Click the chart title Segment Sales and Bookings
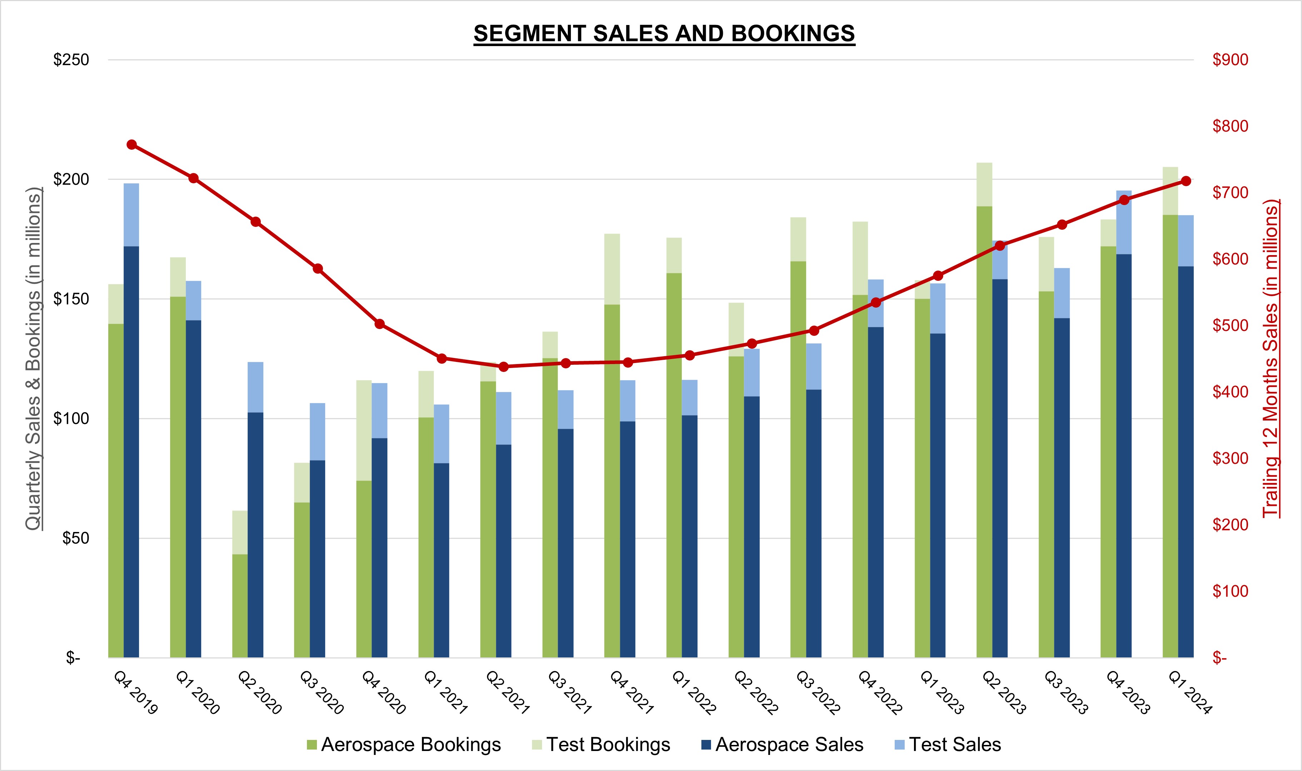click(664, 34)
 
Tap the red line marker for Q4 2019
click(131, 144)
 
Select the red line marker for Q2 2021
click(503, 367)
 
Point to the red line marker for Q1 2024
click(1186, 181)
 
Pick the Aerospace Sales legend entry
click(782, 745)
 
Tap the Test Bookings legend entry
click(601, 745)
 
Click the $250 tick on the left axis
click(71, 60)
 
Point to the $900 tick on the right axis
click(1230, 60)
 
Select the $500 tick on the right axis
click(1230, 325)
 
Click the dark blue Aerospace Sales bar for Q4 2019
click(131, 452)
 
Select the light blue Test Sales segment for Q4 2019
click(131, 215)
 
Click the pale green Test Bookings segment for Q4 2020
click(364, 430)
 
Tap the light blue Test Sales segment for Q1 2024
click(1186, 240)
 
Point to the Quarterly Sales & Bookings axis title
click(33, 358)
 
